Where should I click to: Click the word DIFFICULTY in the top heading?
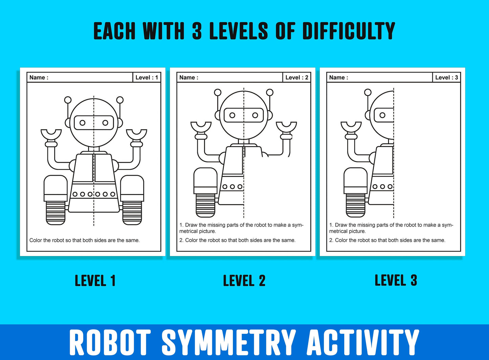tap(349, 31)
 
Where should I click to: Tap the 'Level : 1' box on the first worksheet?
tap(147, 78)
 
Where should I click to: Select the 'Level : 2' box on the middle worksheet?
tap(296, 78)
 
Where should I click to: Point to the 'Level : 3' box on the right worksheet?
tap(446, 78)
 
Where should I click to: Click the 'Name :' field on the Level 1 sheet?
tap(80, 78)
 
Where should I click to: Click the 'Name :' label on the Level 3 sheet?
tap(338, 78)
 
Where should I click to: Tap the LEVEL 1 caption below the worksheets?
tap(95, 281)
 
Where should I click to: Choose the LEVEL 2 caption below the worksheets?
tap(244, 281)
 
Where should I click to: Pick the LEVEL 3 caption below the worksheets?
tap(396, 280)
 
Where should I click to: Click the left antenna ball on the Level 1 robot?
tap(68, 100)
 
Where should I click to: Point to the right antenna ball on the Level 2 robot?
tap(270, 92)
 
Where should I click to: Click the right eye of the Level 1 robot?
tap(105, 123)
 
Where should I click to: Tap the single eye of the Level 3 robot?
tap(382, 115)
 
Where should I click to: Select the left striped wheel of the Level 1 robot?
tap(55, 213)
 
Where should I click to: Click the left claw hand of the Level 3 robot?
tap(351, 127)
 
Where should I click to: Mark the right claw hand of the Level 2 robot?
tap(287, 127)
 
